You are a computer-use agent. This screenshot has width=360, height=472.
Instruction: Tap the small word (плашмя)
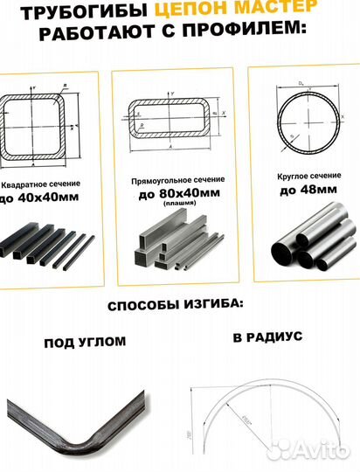coord(179,205)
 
